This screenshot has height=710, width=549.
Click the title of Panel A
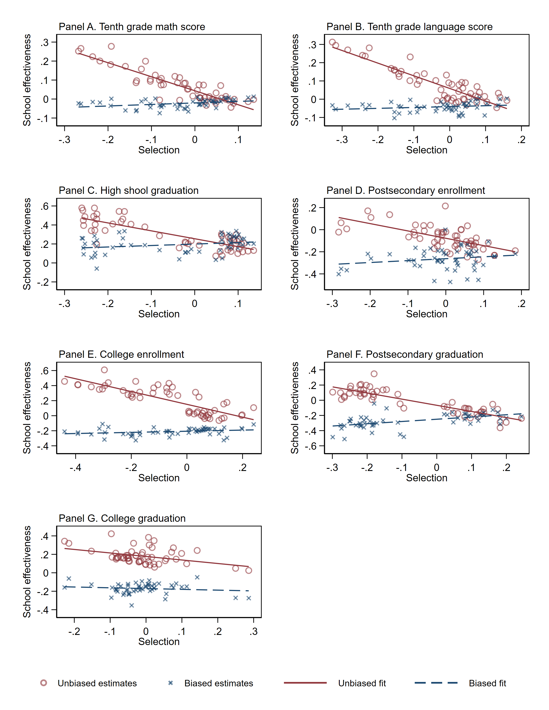click(132, 27)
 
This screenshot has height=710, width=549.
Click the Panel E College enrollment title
click(121, 354)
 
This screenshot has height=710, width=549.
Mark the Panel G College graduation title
click(122, 518)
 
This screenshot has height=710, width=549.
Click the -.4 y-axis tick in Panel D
click(311, 274)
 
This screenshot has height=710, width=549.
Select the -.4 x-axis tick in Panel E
click(75, 468)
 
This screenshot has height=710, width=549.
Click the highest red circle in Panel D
click(445, 206)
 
